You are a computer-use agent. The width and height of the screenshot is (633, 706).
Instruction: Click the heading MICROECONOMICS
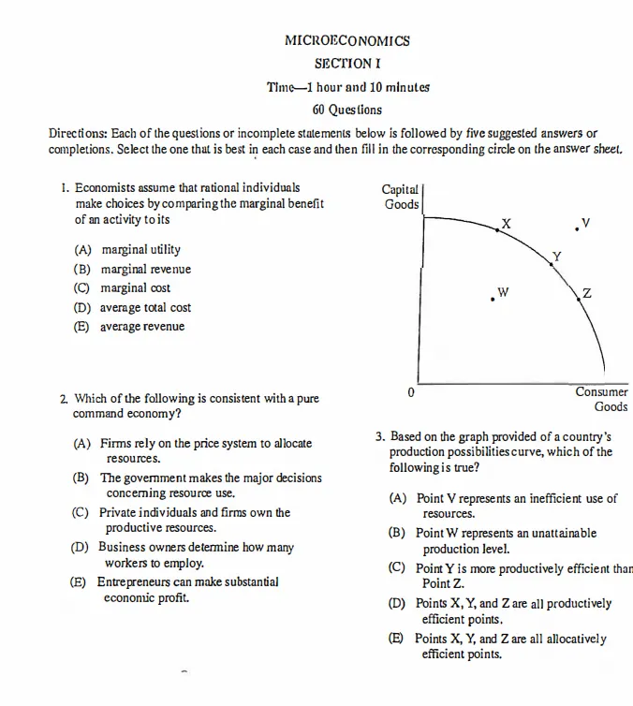pyautogui.click(x=347, y=41)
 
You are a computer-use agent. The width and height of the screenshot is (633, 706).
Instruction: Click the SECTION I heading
pyautogui.click(x=347, y=64)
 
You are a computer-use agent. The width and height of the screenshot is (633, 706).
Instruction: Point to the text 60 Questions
pyautogui.click(x=347, y=110)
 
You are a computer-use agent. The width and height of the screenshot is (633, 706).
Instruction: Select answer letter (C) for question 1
pyautogui.click(x=82, y=288)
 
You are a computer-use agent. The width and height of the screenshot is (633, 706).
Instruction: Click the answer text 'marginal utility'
pyautogui.click(x=140, y=250)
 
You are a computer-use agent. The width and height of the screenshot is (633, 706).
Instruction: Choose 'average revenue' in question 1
pyautogui.click(x=142, y=327)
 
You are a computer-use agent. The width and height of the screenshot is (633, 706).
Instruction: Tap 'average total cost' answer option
pyautogui.click(x=145, y=307)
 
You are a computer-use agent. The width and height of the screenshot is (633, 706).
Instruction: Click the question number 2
pyautogui.click(x=64, y=399)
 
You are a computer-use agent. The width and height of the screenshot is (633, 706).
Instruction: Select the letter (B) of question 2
pyautogui.click(x=81, y=478)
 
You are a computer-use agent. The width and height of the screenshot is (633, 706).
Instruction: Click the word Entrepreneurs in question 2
pyautogui.click(x=134, y=582)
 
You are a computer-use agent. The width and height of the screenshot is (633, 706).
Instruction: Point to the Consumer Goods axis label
pyautogui.click(x=602, y=399)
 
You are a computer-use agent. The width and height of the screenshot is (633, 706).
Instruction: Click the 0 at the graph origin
pyautogui.click(x=411, y=392)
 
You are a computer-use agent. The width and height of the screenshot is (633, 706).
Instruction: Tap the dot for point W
pyautogui.click(x=493, y=299)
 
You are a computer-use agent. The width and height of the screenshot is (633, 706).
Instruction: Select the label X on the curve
pyautogui.click(x=507, y=223)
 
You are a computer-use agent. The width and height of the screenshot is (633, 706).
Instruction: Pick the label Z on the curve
pyautogui.click(x=586, y=293)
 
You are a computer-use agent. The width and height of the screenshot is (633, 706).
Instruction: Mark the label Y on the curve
pyautogui.click(x=556, y=256)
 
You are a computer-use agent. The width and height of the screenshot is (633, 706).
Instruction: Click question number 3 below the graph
pyautogui.click(x=380, y=436)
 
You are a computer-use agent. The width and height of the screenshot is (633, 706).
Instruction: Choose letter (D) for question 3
pyautogui.click(x=397, y=604)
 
